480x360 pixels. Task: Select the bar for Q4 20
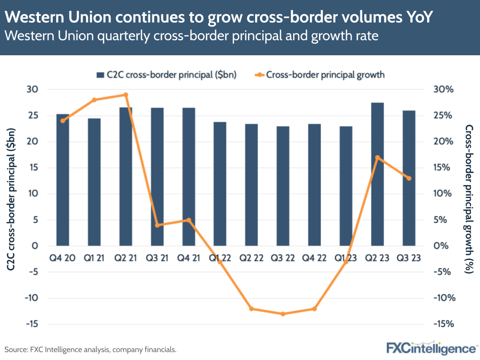point(62,180)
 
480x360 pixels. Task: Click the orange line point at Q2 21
point(125,95)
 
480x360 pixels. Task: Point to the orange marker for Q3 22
point(283,314)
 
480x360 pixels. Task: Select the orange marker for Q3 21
point(157,225)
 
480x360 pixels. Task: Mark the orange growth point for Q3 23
point(409,178)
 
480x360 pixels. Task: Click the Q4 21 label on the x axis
point(188,259)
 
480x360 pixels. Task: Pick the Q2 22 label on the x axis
point(251,259)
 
